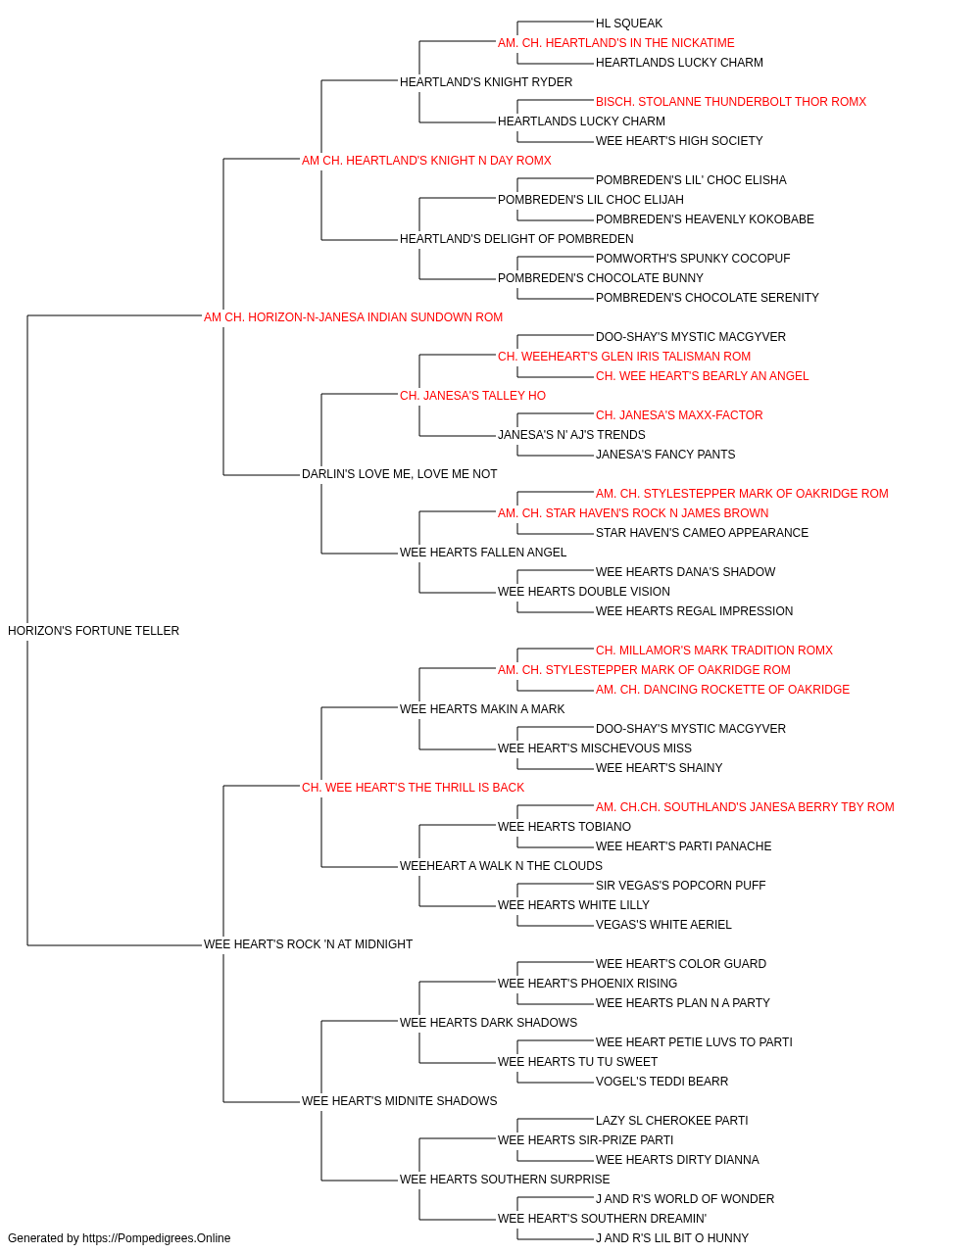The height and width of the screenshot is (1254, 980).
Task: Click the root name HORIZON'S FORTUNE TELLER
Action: [x=93, y=631]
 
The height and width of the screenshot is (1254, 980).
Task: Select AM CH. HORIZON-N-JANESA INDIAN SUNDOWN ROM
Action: [x=353, y=317]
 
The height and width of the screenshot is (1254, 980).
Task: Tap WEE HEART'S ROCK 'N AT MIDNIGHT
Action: [x=308, y=944]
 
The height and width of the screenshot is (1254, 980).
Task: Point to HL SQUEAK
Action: [x=629, y=24]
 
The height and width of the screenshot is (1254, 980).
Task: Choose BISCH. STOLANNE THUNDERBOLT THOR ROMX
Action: [x=731, y=102]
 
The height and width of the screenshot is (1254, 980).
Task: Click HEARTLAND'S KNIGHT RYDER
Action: [x=486, y=82]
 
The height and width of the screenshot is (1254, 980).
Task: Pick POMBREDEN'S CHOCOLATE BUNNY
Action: [x=600, y=278]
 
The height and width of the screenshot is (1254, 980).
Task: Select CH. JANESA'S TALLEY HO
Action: [x=472, y=396]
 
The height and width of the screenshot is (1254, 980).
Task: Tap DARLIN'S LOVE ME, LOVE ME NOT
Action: [x=400, y=474]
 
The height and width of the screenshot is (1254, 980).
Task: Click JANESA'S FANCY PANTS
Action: [x=665, y=455]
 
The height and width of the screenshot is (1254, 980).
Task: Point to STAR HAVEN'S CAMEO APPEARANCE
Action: [x=702, y=533]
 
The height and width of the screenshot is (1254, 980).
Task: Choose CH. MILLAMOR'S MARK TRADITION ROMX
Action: [x=714, y=651]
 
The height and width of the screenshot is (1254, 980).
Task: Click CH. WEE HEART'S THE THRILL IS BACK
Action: [x=413, y=788]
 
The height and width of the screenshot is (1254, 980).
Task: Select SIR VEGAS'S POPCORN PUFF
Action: [x=680, y=886]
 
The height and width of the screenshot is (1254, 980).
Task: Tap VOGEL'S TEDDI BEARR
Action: [x=662, y=1082]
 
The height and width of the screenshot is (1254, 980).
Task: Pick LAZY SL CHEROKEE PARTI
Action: [x=672, y=1121]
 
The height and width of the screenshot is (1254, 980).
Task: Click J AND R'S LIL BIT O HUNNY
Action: [x=672, y=1238]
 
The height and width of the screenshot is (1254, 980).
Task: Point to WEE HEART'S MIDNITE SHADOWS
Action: [x=400, y=1101]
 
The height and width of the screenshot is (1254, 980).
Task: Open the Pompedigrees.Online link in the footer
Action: [x=157, y=1238]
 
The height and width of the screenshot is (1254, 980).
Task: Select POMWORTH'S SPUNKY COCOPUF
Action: [x=693, y=259]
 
